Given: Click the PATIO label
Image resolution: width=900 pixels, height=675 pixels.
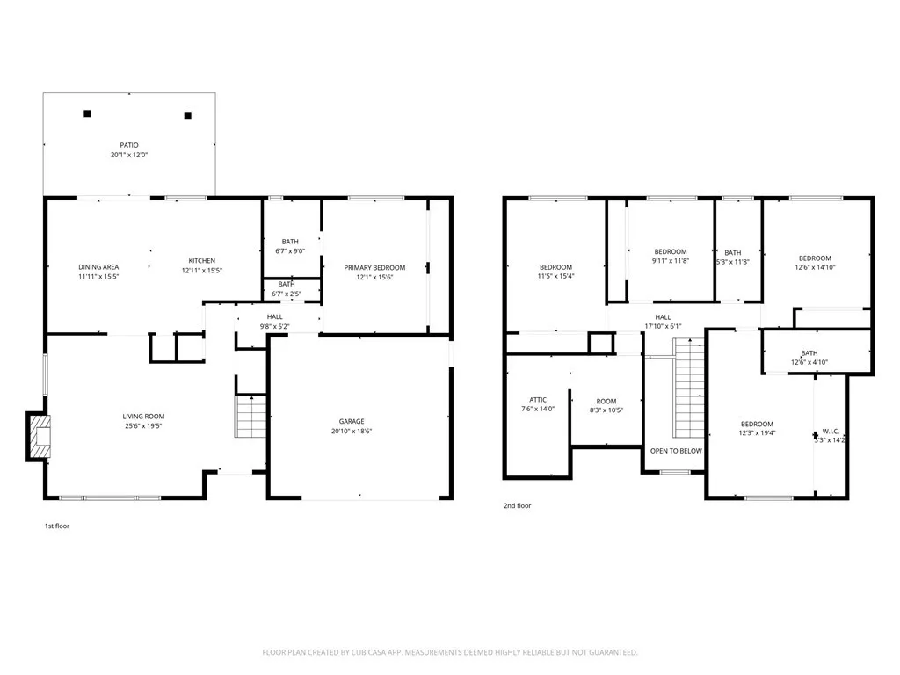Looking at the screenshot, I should tap(129, 145).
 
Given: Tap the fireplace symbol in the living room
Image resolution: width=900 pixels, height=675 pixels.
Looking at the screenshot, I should tap(40, 436).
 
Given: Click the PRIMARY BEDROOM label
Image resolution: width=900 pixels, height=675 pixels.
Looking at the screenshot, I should tap(374, 267).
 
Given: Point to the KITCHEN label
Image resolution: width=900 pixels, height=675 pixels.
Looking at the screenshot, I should tap(201, 261).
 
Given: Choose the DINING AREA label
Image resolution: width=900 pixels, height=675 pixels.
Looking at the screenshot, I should tap(98, 267).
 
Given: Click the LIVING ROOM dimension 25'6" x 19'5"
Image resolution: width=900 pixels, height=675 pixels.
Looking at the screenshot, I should tap(143, 426).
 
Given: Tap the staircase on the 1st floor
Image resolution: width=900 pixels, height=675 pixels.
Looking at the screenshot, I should tap(251, 417).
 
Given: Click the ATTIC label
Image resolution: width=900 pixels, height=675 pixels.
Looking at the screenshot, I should tap(538, 399).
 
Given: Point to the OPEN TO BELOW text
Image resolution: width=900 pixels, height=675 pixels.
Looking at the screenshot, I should tap(676, 451).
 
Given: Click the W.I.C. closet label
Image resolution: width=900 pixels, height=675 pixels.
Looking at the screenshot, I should tap(831, 431).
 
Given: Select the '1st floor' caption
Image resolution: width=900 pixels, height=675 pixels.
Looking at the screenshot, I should tap(56, 526).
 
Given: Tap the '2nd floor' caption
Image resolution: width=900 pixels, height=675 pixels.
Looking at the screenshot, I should tap(517, 505).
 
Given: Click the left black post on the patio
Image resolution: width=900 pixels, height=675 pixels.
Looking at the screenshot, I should tap(87, 113).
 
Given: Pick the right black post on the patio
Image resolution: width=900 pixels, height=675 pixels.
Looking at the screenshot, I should tap(187, 115).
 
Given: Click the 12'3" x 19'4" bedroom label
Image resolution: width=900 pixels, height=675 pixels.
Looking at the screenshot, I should tap(756, 424).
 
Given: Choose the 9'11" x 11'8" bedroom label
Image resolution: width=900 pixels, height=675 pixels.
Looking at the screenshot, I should tap(670, 252).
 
